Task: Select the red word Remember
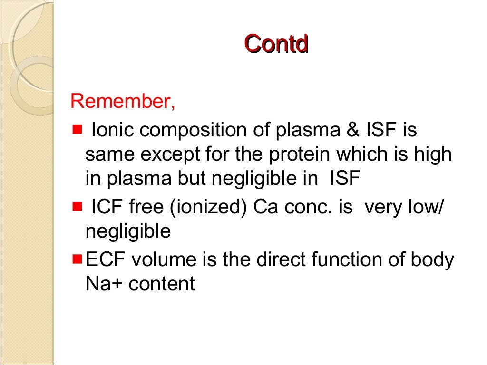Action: point(123,102)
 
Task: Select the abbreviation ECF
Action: point(106,259)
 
